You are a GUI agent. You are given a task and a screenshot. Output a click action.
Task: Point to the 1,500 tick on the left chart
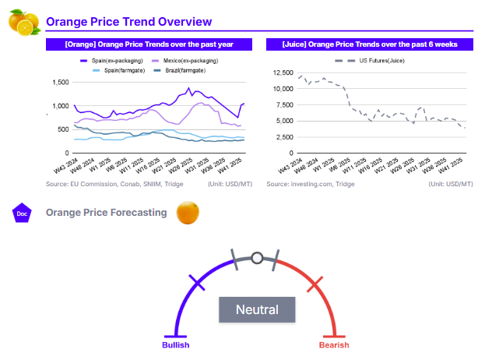pyautogui.click(x=59, y=82)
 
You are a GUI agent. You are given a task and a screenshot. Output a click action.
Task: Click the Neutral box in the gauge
pyautogui.click(x=257, y=309)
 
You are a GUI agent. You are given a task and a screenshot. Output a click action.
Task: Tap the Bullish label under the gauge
pyautogui.click(x=175, y=344)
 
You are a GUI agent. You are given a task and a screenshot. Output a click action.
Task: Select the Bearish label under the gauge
pyautogui.click(x=334, y=344)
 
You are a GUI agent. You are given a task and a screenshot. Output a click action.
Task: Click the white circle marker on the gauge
pyautogui.click(x=256, y=256)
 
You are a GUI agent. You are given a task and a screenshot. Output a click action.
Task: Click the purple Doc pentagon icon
pyautogui.click(x=22, y=212)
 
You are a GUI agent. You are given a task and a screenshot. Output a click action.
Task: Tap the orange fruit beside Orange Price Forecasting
pyautogui.click(x=188, y=212)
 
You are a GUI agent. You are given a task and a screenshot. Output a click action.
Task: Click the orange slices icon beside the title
pyautogui.click(x=23, y=23)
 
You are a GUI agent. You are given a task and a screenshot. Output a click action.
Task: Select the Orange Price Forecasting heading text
pyautogui.click(x=106, y=212)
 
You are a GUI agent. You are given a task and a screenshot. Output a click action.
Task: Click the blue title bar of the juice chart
pyautogui.click(x=370, y=44)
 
